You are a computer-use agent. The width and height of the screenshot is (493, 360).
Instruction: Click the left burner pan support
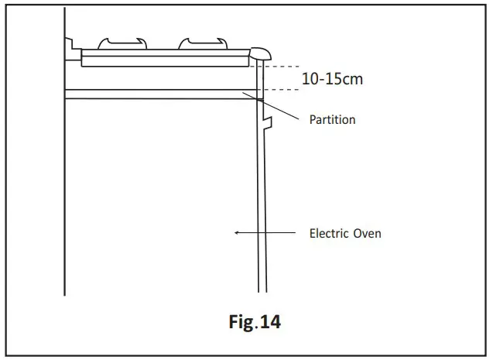coord(121,43)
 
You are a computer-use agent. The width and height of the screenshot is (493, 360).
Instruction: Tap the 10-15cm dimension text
coord(331,79)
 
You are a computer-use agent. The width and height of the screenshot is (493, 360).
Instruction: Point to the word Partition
coord(332,120)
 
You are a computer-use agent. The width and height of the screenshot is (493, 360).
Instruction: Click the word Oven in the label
coord(367,232)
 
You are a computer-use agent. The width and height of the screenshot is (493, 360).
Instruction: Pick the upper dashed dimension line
coord(279,64)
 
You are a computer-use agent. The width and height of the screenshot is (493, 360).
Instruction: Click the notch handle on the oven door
coord(268,122)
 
